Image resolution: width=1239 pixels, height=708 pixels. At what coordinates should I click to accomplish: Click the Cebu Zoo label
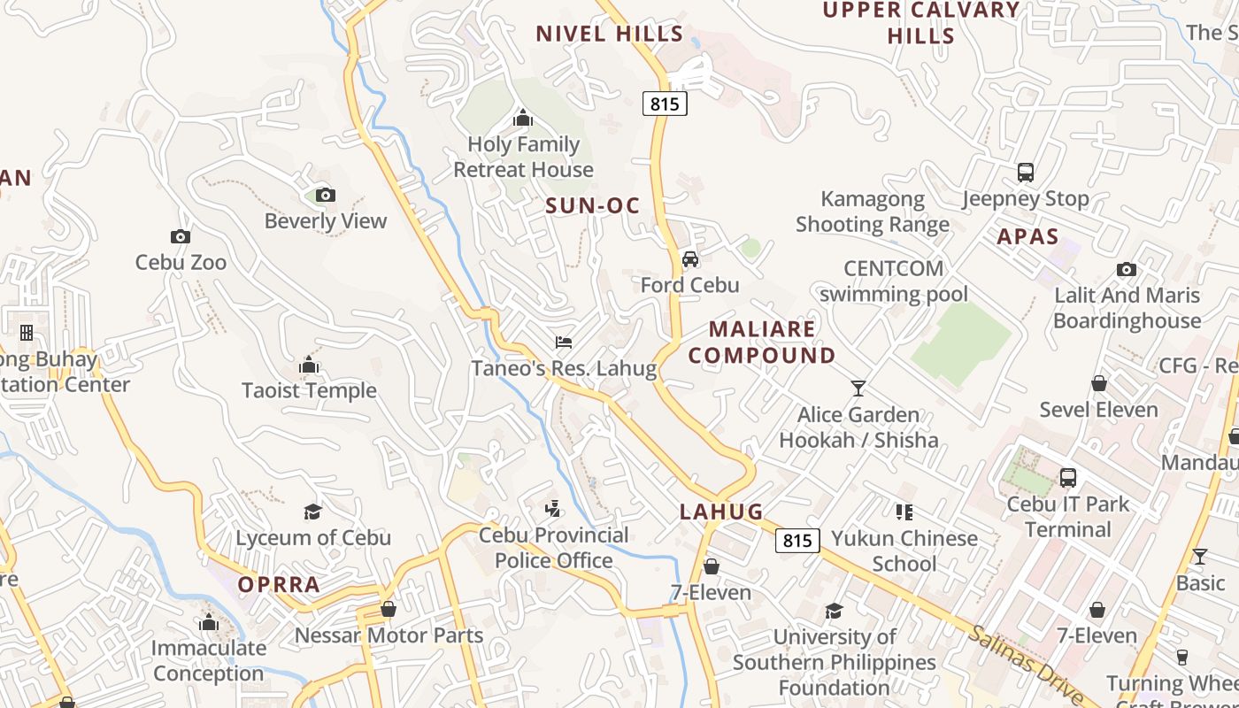coord(181,263)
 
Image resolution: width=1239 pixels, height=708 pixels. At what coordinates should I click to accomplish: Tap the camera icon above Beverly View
coord(325,195)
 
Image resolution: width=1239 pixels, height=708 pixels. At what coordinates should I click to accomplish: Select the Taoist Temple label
coord(309,390)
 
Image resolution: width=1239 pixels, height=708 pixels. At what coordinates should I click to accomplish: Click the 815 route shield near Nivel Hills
coord(665,104)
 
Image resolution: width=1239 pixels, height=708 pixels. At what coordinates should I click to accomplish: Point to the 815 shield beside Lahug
coord(796,540)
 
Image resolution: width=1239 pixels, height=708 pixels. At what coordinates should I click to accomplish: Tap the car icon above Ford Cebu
coord(690,259)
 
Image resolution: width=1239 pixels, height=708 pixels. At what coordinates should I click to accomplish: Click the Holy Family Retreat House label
coord(523,157)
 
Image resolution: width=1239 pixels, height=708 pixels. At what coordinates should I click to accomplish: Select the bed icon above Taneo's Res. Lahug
coord(564,342)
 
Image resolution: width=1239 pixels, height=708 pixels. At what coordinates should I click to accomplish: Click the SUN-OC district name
coord(592,206)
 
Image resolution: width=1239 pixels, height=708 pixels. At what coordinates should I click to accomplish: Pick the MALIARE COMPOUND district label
coord(762,342)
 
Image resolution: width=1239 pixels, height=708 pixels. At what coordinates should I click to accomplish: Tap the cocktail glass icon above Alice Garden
coord(858,389)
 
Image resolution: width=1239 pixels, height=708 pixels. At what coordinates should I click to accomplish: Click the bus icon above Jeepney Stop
coord(1025,173)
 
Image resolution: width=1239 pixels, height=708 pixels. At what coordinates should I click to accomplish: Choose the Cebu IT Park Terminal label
coord(1067,517)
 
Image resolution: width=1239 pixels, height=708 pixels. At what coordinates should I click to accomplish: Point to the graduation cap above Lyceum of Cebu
coord(312,512)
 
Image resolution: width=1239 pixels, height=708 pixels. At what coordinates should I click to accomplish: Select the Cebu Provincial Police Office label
coord(554,548)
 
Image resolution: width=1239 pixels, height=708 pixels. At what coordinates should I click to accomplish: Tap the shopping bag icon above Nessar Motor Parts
coord(388,609)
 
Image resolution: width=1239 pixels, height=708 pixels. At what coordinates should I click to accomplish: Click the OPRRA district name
coord(278,585)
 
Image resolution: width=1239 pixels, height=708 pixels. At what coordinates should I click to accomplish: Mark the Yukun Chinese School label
coord(904,550)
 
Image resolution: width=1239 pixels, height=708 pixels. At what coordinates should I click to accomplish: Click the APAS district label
coord(1027,236)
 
